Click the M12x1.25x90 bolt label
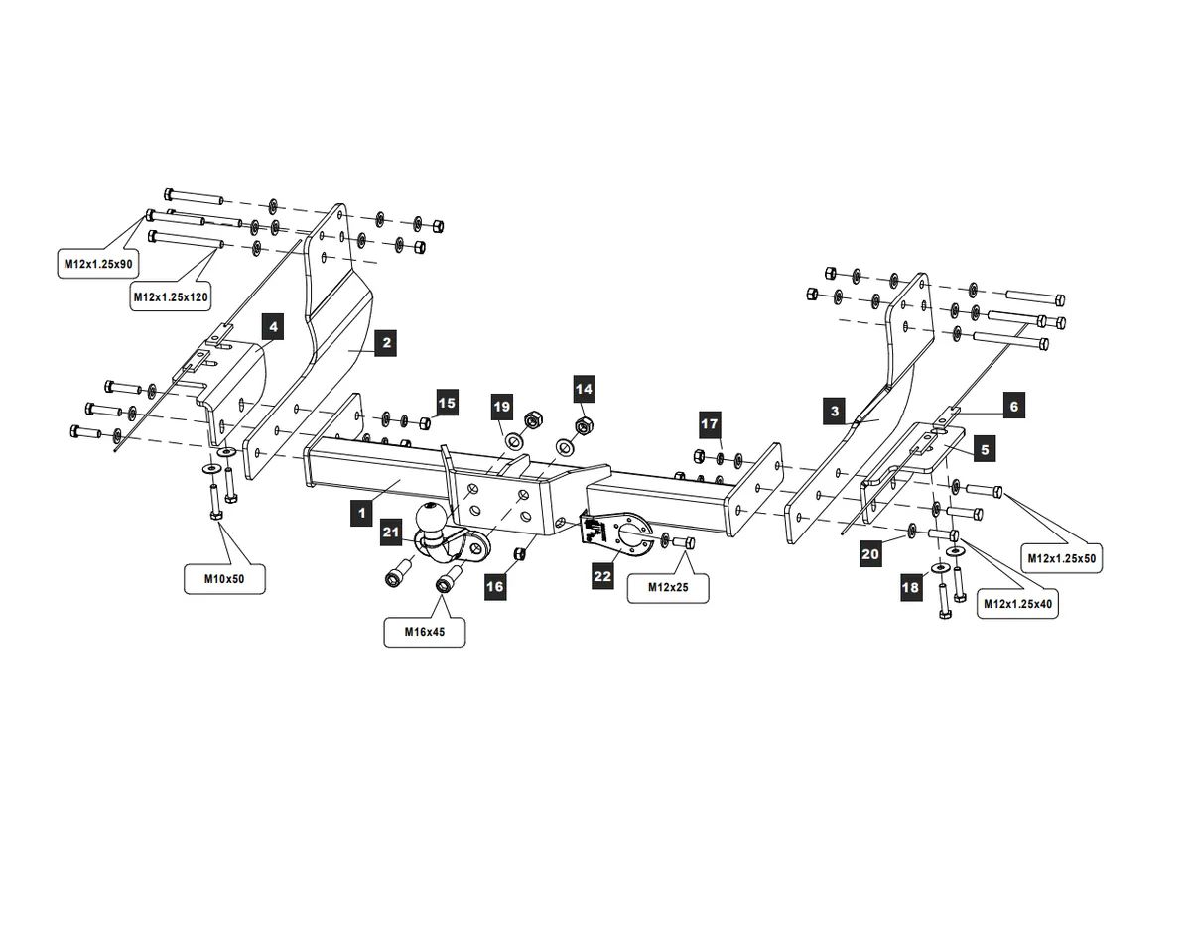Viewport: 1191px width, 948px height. tap(97, 263)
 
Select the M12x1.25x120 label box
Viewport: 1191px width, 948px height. tap(171, 296)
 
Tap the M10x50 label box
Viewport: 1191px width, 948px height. tap(225, 578)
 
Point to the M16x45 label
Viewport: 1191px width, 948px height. tap(424, 631)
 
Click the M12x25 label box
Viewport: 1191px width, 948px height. tap(668, 587)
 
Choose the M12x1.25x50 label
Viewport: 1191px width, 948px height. tap(1061, 558)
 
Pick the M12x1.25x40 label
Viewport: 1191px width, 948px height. tap(1016, 603)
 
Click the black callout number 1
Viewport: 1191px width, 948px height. tap(362, 513)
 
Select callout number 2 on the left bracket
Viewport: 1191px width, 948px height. tap(386, 343)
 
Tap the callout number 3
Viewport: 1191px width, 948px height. tap(835, 411)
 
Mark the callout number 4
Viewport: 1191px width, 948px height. tap(273, 325)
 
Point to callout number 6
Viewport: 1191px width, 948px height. tap(1013, 406)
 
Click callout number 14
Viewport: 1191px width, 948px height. tap(583, 387)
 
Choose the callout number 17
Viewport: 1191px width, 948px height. tap(709, 424)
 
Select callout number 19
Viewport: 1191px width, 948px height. tap(501, 407)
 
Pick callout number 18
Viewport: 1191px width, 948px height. tap(910, 588)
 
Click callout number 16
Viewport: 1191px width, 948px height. tap(494, 587)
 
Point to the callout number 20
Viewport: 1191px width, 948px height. tap(870, 553)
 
